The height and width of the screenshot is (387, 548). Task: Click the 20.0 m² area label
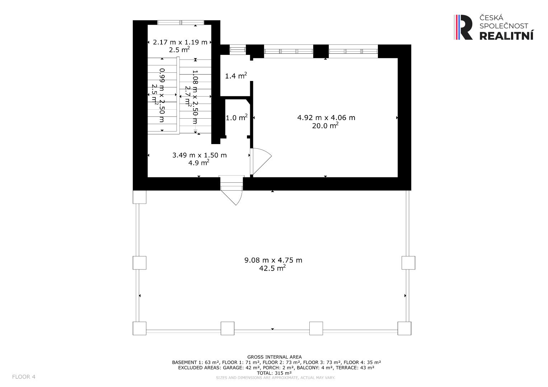[x=325, y=125]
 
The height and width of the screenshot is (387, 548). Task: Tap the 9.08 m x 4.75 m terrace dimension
[x=273, y=260]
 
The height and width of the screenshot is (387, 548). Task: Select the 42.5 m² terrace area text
[x=272, y=268]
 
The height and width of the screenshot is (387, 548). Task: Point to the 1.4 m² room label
[x=236, y=76]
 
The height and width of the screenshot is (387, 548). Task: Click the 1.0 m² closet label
[x=236, y=118]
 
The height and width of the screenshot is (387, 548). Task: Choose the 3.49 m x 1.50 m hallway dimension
[x=200, y=155]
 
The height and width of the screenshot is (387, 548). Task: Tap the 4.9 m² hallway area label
[x=199, y=162]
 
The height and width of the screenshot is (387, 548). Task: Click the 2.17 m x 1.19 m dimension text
[x=180, y=42]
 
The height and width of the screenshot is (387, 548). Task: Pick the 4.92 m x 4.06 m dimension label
[x=326, y=118]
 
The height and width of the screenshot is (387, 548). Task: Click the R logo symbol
[x=463, y=27]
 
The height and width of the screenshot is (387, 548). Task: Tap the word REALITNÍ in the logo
[x=506, y=36]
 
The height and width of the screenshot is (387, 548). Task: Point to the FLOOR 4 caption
[x=24, y=377]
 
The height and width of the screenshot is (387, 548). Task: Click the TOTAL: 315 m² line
[x=274, y=373]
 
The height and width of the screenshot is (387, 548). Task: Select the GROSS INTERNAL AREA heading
[x=275, y=357]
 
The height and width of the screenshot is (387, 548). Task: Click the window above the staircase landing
[x=181, y=23]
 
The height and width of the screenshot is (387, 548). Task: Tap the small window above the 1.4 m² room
[x=238, y=49]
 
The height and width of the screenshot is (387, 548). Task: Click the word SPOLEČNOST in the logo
[x=504, y=26]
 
